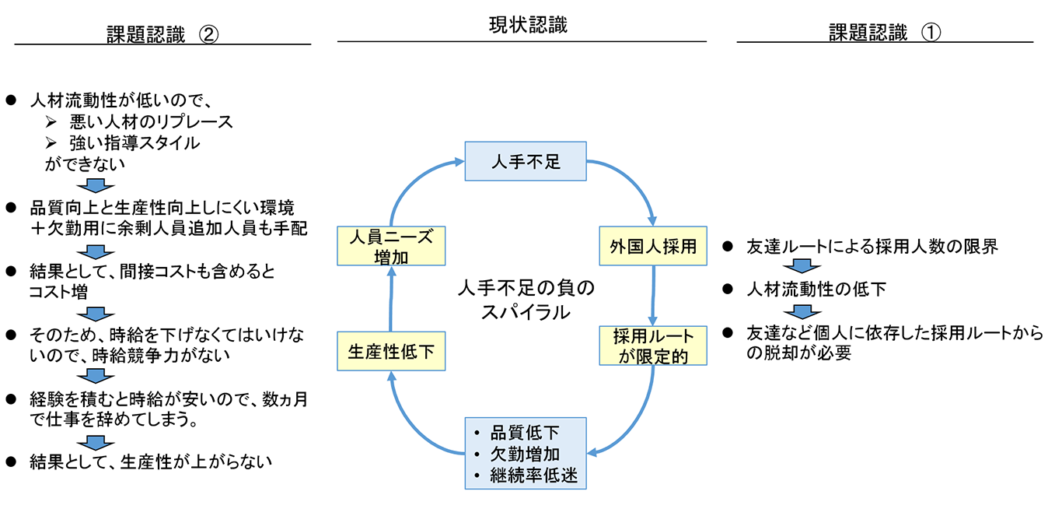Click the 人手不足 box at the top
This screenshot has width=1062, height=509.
pyautogui.click(x=525, y=161)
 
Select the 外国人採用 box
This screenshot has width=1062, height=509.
pyautogui.click(x=653, y=247)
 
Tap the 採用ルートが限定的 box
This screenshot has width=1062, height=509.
pyautogui.click(x=653, y=346)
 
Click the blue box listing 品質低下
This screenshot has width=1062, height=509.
pyautogui.click(x=525, y=454)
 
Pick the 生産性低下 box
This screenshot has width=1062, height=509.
pyautogui.click(x=391, y=352)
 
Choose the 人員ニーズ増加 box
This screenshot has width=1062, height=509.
pyautogui.click(x=391, y=247)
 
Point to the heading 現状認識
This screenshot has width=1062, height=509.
pyautogui.click(x=522, y=26)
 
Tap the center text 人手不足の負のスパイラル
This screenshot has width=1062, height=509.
pyautogui.click(x=525, y=300)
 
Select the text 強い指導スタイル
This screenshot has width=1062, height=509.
pyautogui.click(x=134, y=143)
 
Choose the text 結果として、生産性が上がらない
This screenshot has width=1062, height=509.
pyautogui.click(x=151, y=461)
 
